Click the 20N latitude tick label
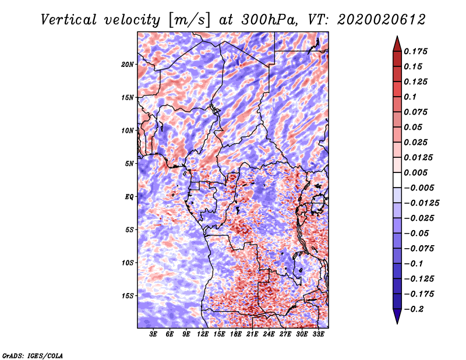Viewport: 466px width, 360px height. [x=128, y=65]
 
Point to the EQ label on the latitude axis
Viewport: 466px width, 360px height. [x=129, y=197]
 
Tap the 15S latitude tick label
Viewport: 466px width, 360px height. [x=128, y=296]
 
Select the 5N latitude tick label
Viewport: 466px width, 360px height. [x=129, y=164]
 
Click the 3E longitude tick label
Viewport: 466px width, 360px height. [x=153, y=334]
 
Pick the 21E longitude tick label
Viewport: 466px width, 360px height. [x=252, y=334]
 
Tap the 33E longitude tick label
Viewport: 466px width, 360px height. [x=318, y=334]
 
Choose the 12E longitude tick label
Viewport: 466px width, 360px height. [x=202, y=334]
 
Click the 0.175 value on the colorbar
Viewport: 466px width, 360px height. [x=415, y=51]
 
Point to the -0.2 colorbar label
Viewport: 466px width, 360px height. [x=414, y=309]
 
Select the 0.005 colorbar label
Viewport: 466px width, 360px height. [x=415, y=172]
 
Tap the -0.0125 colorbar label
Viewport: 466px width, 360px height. [x=421, y=203]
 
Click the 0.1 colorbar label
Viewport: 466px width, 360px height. [x=410, y=97]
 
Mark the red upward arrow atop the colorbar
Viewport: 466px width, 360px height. [x=397, y=44]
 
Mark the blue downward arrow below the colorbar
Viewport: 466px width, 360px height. [x=397, y=316]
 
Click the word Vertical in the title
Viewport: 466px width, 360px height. [x=68, y=20]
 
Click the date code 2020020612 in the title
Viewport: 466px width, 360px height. [x=382, y=20]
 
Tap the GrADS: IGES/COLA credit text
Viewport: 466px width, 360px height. [x=33, y=356]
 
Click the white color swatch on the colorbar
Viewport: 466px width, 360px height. [x=397, y=180]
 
